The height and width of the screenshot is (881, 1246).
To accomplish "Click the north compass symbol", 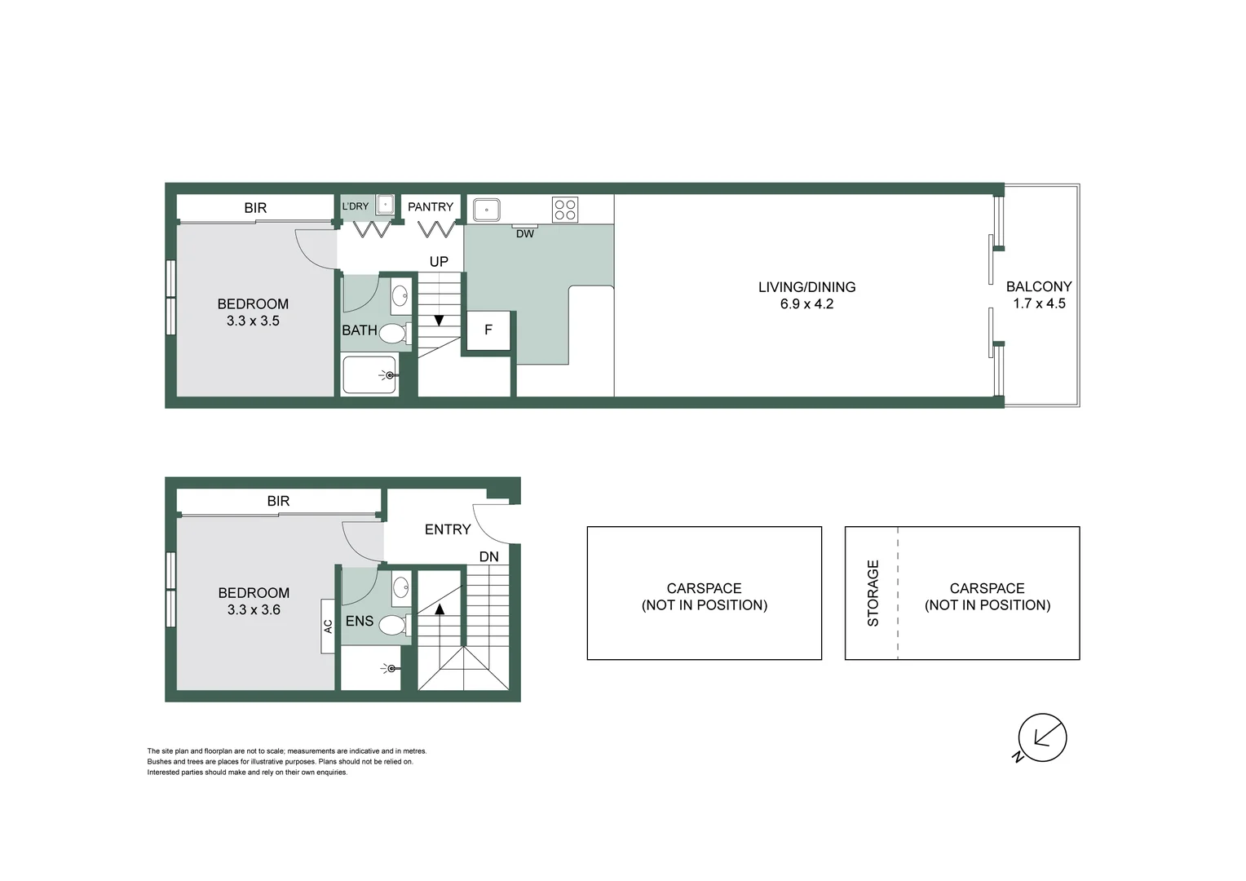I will click(1041, 738).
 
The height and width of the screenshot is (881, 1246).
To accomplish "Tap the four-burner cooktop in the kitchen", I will click(564, 210).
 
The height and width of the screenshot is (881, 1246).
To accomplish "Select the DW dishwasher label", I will click(525, 234).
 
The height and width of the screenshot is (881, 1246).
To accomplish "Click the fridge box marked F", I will click(488, 330).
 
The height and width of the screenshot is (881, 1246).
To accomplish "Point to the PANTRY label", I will click(431, 207).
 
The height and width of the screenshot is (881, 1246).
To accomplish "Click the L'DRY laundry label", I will click(356, 207).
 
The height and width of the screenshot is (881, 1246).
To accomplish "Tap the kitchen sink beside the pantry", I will click(487, 210).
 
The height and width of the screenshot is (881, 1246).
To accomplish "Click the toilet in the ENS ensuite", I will click(393, 626).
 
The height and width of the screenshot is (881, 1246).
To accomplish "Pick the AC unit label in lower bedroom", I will click(328, 626).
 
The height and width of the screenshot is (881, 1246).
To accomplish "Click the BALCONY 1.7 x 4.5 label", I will click(1039, 294).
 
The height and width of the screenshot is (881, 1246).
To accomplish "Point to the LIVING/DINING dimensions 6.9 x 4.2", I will click(806, 304).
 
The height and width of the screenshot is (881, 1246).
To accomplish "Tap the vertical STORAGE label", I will click(873, 593).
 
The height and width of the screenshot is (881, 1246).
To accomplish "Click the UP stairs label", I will click(439, 262).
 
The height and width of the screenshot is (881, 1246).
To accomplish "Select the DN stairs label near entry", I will click(488, 557).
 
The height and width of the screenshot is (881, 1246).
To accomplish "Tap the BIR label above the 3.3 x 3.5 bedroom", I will click(255, 208).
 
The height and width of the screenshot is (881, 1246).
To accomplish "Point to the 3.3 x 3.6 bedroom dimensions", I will click(254, 610).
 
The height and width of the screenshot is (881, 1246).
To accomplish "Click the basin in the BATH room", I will click(400, 294).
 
